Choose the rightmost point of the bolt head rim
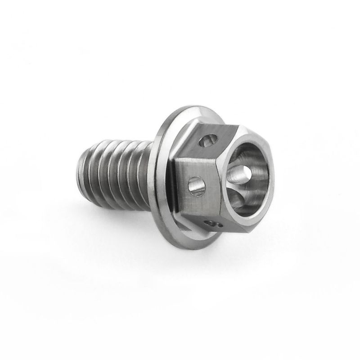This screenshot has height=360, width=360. (x=274, y=180)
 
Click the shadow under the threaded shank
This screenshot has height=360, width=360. (x=117, y=218)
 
